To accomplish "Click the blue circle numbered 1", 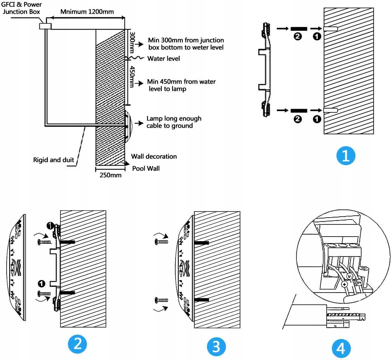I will click(345, 156).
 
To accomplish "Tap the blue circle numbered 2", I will click(77, 344).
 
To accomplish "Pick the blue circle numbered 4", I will click(341, 348).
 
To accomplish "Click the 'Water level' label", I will click(163, 59).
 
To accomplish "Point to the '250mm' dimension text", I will click(111, 175).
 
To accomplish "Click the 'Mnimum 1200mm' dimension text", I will click(87, 12).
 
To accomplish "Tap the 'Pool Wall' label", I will click(146, 168).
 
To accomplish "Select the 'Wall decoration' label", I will click(154, 156).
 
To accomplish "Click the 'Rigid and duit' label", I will click(54, 160).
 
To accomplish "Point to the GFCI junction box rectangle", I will click(45, 26).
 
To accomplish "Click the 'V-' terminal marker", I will click(350, 276).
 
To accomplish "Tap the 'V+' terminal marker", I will click(359, 282).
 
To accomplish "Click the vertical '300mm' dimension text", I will click(132, 42).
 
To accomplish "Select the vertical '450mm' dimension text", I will click(132, 76).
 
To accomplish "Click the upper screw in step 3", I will click(161, 241).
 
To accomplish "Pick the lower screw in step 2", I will click(44, 294).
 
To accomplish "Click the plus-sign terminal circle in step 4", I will click(344, 284).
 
